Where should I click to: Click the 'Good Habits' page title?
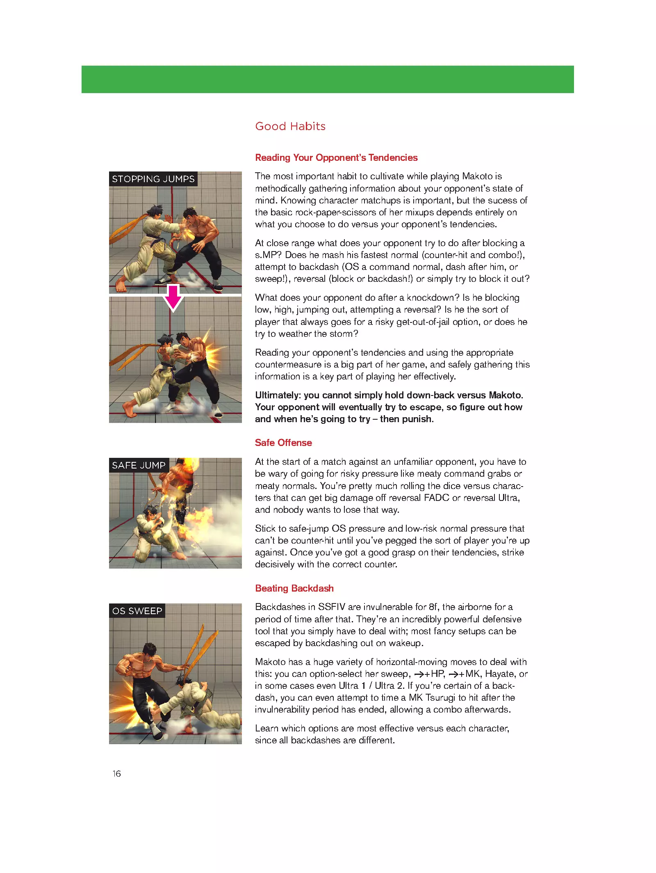click(290, 126)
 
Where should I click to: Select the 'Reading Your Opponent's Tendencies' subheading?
click(336, 158)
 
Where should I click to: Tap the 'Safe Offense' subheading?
click(283, 443)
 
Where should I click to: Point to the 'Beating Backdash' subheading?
click(294, 588)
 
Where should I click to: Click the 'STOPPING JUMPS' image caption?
click(153, 179)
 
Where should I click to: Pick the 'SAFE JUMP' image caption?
click(139, 465)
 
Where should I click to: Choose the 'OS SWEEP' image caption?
click(137, 611)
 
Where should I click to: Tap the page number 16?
click(117, 774)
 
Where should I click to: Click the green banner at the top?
click(328, 79)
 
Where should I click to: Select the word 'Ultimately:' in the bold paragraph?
click(278, 395)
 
